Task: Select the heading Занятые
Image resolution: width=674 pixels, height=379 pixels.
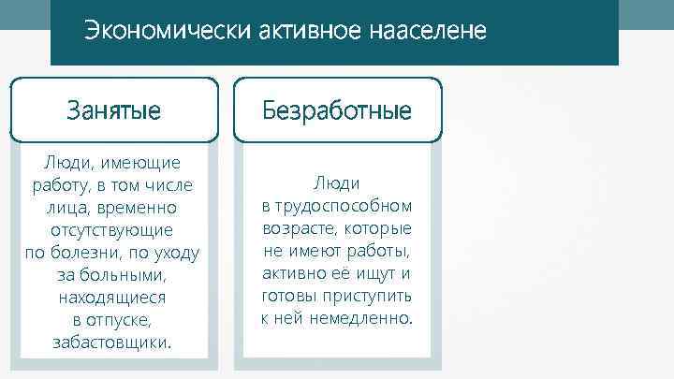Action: coord(113,110)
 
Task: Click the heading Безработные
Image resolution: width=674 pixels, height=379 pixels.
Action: coord(337,110)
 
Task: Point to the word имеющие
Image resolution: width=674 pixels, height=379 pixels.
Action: coord(141,162)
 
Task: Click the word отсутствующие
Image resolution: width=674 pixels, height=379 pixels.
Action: coord(113,229)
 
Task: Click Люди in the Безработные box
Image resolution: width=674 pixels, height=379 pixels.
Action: coord(337,184)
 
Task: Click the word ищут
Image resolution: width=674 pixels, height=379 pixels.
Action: coord(373,274)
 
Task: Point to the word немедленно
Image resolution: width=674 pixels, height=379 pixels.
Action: coord(360,319)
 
